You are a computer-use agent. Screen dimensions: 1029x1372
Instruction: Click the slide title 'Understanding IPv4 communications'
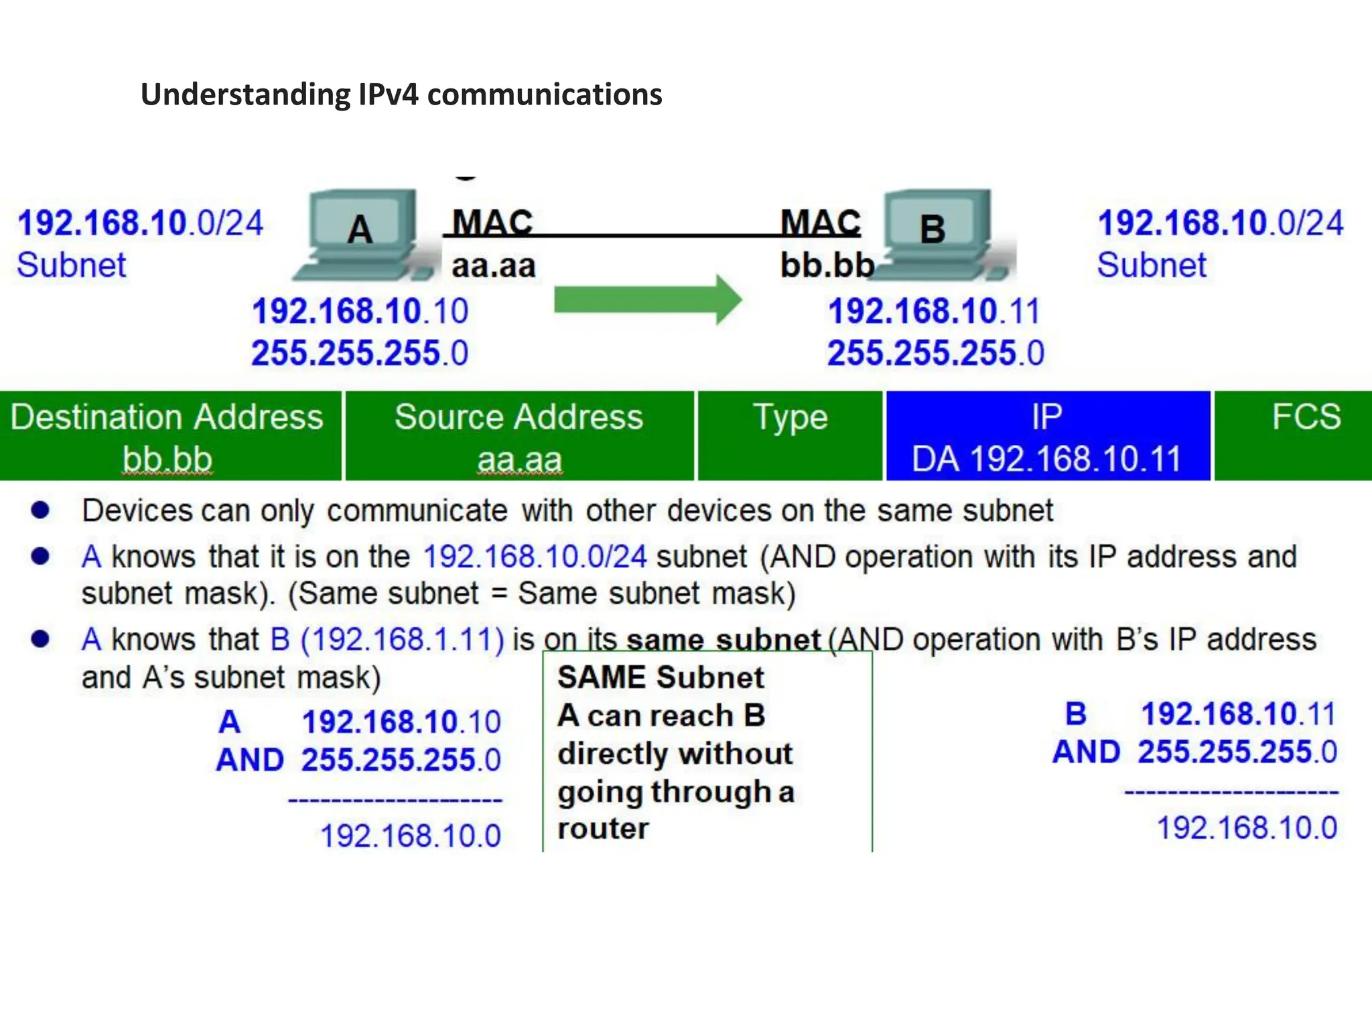(401, 94)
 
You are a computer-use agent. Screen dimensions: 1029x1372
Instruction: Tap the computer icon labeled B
(938, 234)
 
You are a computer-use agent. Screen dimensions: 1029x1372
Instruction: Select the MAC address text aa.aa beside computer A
(494, 266)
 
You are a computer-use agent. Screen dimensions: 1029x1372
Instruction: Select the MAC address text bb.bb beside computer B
(827, 265)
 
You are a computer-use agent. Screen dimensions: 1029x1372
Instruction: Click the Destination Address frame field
(168, 436)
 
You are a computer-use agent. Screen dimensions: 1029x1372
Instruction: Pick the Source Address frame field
(519, 436)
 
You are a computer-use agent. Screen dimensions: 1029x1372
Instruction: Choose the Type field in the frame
(791, 436)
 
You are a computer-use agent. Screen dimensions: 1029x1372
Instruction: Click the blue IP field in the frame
(1047, 436)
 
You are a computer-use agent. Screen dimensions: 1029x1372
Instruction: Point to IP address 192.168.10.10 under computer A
(360, 312)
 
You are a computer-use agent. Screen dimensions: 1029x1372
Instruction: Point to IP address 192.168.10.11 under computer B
(934, 312)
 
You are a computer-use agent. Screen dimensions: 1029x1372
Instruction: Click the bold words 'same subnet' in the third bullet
(724, 640)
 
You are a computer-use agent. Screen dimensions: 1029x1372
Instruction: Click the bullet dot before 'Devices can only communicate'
(41, 510)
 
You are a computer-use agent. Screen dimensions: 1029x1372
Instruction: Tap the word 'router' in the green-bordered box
(603, 829)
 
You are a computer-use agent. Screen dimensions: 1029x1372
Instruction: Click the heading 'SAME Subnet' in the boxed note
(661, 677)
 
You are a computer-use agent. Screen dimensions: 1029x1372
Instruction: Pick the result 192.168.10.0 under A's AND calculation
(411, 835)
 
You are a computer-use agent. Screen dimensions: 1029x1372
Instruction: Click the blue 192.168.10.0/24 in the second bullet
(535, 557)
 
